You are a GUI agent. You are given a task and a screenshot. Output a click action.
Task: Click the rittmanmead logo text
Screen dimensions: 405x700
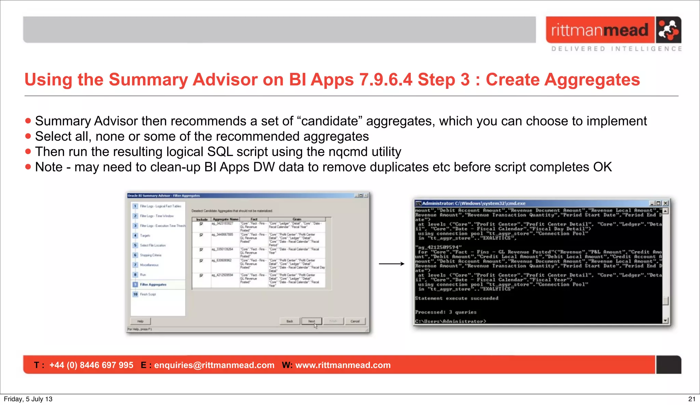(x=600, y=30)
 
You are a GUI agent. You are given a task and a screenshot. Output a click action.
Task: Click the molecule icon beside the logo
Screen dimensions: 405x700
(x=668, y=30)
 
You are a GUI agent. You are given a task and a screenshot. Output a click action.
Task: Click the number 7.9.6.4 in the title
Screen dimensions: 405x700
(x=386, y=80)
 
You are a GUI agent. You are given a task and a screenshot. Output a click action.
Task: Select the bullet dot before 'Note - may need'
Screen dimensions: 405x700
(x=28, y=167)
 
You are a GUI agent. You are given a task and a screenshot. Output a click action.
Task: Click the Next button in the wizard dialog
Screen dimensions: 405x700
(x=311, y=321)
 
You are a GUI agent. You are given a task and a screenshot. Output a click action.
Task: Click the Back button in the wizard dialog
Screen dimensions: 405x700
(x=290, y=321)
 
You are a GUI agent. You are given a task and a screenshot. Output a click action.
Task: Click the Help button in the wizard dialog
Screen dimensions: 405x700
(x=140, y=321)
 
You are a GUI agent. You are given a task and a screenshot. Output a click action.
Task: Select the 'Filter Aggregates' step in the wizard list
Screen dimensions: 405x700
(x=153, y=285)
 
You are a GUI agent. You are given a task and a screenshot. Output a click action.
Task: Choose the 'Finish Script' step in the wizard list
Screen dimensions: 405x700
(x=148, y=294)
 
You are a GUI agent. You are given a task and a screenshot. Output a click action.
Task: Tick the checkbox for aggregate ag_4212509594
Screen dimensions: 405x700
(x=201, y=275)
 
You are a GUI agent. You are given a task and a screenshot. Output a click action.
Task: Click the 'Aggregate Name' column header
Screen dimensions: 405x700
(x=225, y=219)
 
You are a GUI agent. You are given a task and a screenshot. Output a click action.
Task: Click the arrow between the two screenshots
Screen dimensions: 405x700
(x=391, y=264)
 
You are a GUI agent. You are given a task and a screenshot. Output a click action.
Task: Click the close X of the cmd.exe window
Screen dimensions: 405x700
(x=665, y=203)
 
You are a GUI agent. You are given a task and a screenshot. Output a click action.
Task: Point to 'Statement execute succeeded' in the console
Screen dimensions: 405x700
(x=456, y=298)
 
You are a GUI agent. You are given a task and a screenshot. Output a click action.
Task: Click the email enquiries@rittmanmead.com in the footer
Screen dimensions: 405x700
(x=214, y=365)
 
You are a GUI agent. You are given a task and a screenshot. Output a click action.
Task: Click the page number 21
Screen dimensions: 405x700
(x=691, y=399)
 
